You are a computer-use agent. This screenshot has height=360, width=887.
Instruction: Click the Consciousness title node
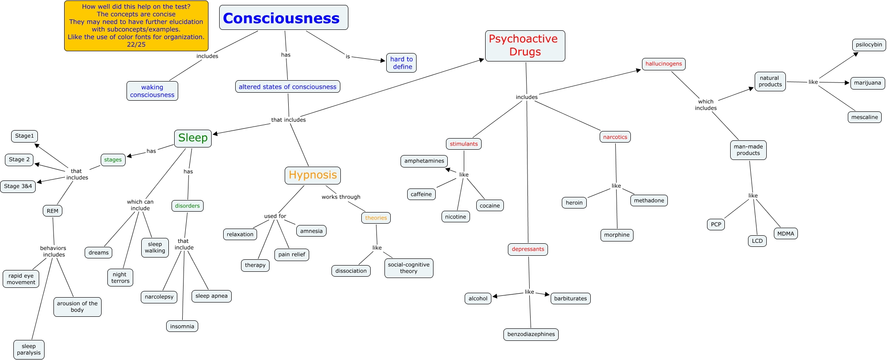(283, 18)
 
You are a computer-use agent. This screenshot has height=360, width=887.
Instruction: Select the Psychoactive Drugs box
(525, 45)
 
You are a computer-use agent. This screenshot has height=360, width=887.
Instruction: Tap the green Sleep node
(193, 138)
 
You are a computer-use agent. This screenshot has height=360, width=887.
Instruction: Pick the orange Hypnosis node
(313, 175)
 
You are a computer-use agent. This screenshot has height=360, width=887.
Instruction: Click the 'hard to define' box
(401, 63)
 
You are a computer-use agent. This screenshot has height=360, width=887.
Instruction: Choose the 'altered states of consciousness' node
(287, 86)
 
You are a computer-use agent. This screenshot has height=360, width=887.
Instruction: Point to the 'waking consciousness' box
(152, 91)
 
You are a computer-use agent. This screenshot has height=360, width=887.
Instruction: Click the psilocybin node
(869, 45)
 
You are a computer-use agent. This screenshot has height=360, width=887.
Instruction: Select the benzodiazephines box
(531, 334)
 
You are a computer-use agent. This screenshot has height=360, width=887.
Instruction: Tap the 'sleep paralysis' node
(29, 349)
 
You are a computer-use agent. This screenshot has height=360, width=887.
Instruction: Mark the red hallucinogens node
(663, 64)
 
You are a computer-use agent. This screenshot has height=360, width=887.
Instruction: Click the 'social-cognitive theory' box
(409, 268)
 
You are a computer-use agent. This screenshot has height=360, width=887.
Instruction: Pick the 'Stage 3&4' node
(18, 186)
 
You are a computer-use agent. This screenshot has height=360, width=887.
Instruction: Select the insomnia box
(182, 326)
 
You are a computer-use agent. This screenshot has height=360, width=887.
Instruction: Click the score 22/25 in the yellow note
(136, 45)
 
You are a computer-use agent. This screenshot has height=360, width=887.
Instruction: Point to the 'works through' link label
(341, 197)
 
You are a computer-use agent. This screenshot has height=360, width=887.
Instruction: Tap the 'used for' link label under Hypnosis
(275, 216)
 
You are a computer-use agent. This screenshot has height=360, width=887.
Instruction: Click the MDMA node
(785, 233)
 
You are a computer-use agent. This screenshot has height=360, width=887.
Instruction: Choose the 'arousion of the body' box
(77, 307)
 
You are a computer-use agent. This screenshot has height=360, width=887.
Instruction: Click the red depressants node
(527, 249)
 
